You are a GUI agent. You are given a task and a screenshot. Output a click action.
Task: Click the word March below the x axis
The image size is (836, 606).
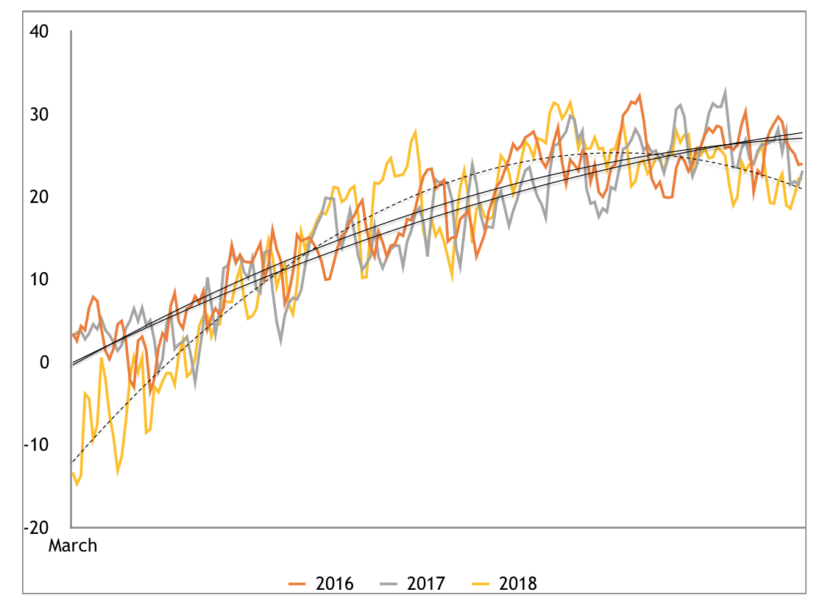click(x=73, y=546)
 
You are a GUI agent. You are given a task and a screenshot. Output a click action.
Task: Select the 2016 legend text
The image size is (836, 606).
click(x=334, y=585)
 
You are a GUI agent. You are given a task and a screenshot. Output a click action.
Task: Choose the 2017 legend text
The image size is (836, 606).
click(x=426, y=585)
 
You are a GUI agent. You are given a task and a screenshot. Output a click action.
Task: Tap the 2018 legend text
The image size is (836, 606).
click(x=518, y=585)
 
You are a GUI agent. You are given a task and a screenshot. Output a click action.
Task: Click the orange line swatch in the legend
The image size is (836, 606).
click(x=297, y=585)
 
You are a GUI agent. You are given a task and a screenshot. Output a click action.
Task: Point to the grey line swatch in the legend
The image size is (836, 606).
click(x=389, y=585)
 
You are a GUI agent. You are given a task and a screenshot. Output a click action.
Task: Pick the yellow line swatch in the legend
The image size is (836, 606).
click(x=481, y=585)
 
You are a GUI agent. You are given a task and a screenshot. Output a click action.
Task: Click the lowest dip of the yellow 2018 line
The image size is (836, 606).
click(x=77, y=485)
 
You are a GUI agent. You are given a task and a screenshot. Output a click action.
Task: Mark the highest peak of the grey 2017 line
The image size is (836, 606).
click(x=726, y=91)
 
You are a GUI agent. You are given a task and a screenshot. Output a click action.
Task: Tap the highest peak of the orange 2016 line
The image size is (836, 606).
click(x=640, y=94)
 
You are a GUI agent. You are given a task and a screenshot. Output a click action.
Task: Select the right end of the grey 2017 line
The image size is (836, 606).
click(x=802, y=171)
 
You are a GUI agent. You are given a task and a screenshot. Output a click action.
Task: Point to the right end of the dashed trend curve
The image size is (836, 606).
click(x=802, y=189)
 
